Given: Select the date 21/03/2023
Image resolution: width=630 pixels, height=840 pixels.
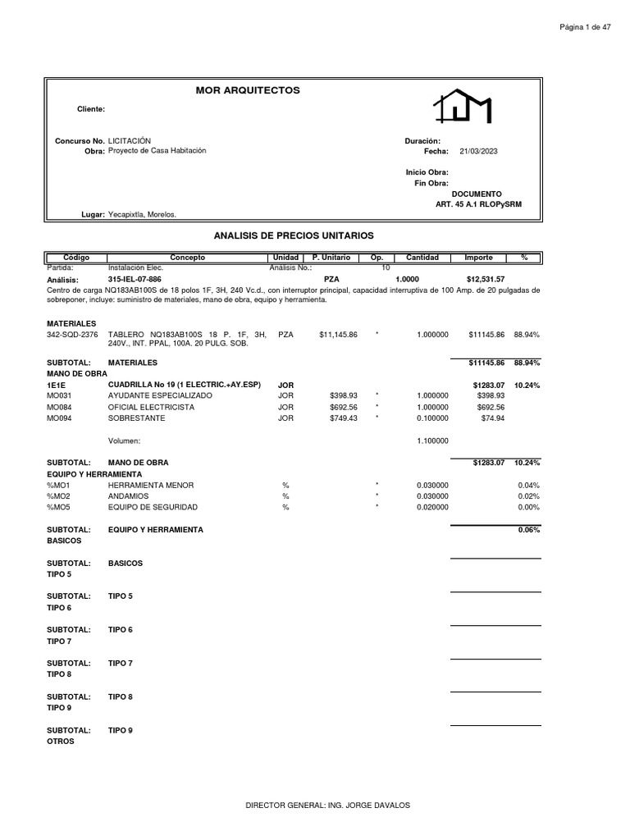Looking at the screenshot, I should pyautogui.click(x=479, y=151).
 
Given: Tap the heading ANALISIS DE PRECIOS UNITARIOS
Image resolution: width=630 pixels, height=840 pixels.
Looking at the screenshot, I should pyautogui.click(x=293, y=235).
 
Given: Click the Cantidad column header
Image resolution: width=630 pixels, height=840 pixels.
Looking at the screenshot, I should pyautogui.click(x=422, y=258).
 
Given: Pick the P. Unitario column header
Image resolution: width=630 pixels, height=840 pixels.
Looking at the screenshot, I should pyautogui.click(x=331, y=258).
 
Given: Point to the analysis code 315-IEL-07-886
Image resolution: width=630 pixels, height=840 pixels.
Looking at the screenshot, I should pyautogui.click(x=135, y=280).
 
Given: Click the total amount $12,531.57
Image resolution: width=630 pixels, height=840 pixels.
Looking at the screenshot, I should pyautogui.click(x=486, y=280).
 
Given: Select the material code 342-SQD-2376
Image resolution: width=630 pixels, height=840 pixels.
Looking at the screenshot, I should pyautogui.click(x=72, y=335).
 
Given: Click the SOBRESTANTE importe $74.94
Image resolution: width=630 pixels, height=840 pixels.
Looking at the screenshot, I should pyautogui.click(x=492, y=418).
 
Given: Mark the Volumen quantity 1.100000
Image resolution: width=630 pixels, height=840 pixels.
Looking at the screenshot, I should pyautogui.click(x=432, y=441).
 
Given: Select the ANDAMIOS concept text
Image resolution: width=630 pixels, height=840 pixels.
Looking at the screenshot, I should pyautogui.click(x=129, y=496).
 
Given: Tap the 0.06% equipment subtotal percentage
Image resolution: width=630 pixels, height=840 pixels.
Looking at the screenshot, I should pyautogui.click(x=529, y=530).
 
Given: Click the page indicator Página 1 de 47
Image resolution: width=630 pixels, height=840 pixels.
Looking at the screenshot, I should pyautogui.click(x=585, y=27).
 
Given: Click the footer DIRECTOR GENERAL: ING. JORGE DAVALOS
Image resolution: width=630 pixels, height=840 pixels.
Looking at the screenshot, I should pyautogui.click(x=327, y=805).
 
